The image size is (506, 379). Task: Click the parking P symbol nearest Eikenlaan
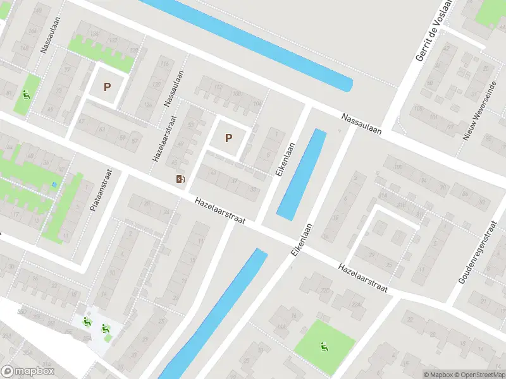coord(228,138)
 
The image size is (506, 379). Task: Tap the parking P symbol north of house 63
coord(107,87)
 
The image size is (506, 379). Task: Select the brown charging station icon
coord(182,179)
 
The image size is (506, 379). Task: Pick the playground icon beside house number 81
coord(26,95)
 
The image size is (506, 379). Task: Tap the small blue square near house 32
coord(54,184)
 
